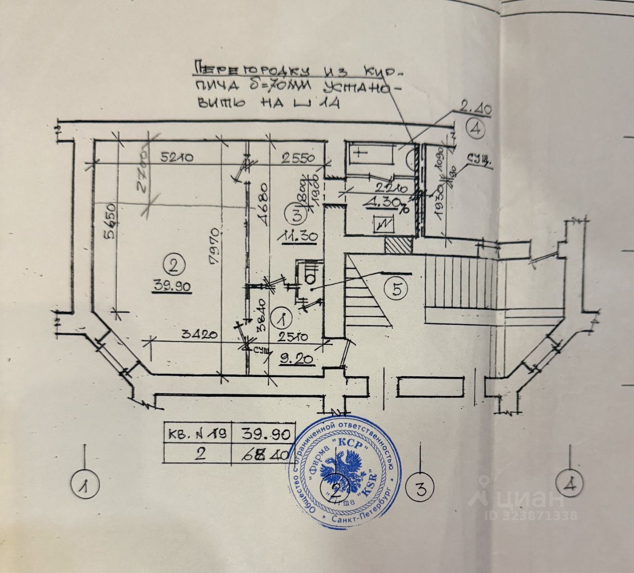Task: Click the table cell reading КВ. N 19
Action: (197, 434)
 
